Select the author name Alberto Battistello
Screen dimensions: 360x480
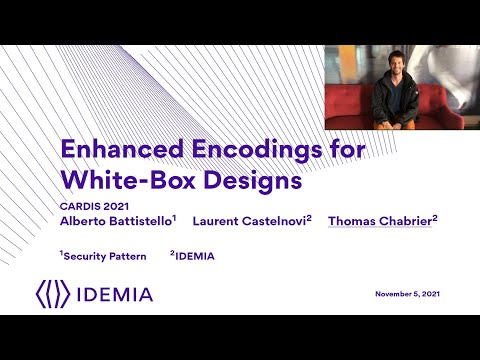pyautogui.click(x=117, y=220)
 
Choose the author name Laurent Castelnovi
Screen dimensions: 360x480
pyautogui.click(x=250, y=220)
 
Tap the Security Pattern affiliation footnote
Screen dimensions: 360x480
pyautogui.click(x=104, y=257)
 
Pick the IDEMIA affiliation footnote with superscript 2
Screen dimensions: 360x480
pyautogui.click(x=193, y=257)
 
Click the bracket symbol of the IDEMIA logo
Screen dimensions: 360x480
pyautogui.click(x=52, y=294)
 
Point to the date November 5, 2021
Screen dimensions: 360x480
pyautogui.click(x=407, y=294)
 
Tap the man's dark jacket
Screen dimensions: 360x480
pyautogui.click(x=394, y=103)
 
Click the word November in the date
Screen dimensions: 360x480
pyautogui.click(x=392, y=294)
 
